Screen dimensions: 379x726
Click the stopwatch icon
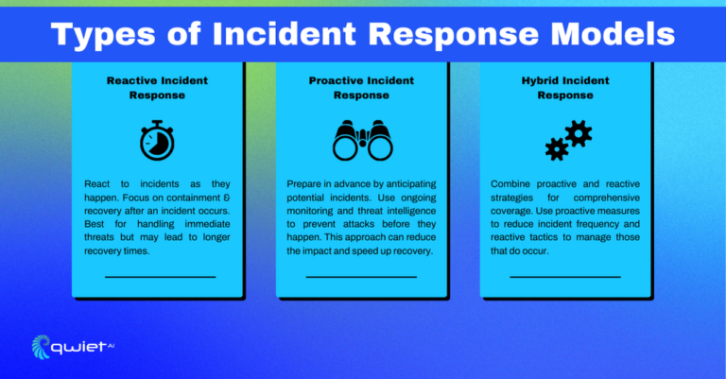tap(157, 141)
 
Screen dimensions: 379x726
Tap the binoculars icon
tap(363, 142)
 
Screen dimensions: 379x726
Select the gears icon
tap(568, 141)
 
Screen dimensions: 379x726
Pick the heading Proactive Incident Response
tap(363, 88)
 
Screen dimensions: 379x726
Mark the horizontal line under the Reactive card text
tap(160, 276)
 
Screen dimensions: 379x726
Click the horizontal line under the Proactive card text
tap(361, 276)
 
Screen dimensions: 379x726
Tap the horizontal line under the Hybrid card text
tap(565, 276)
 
